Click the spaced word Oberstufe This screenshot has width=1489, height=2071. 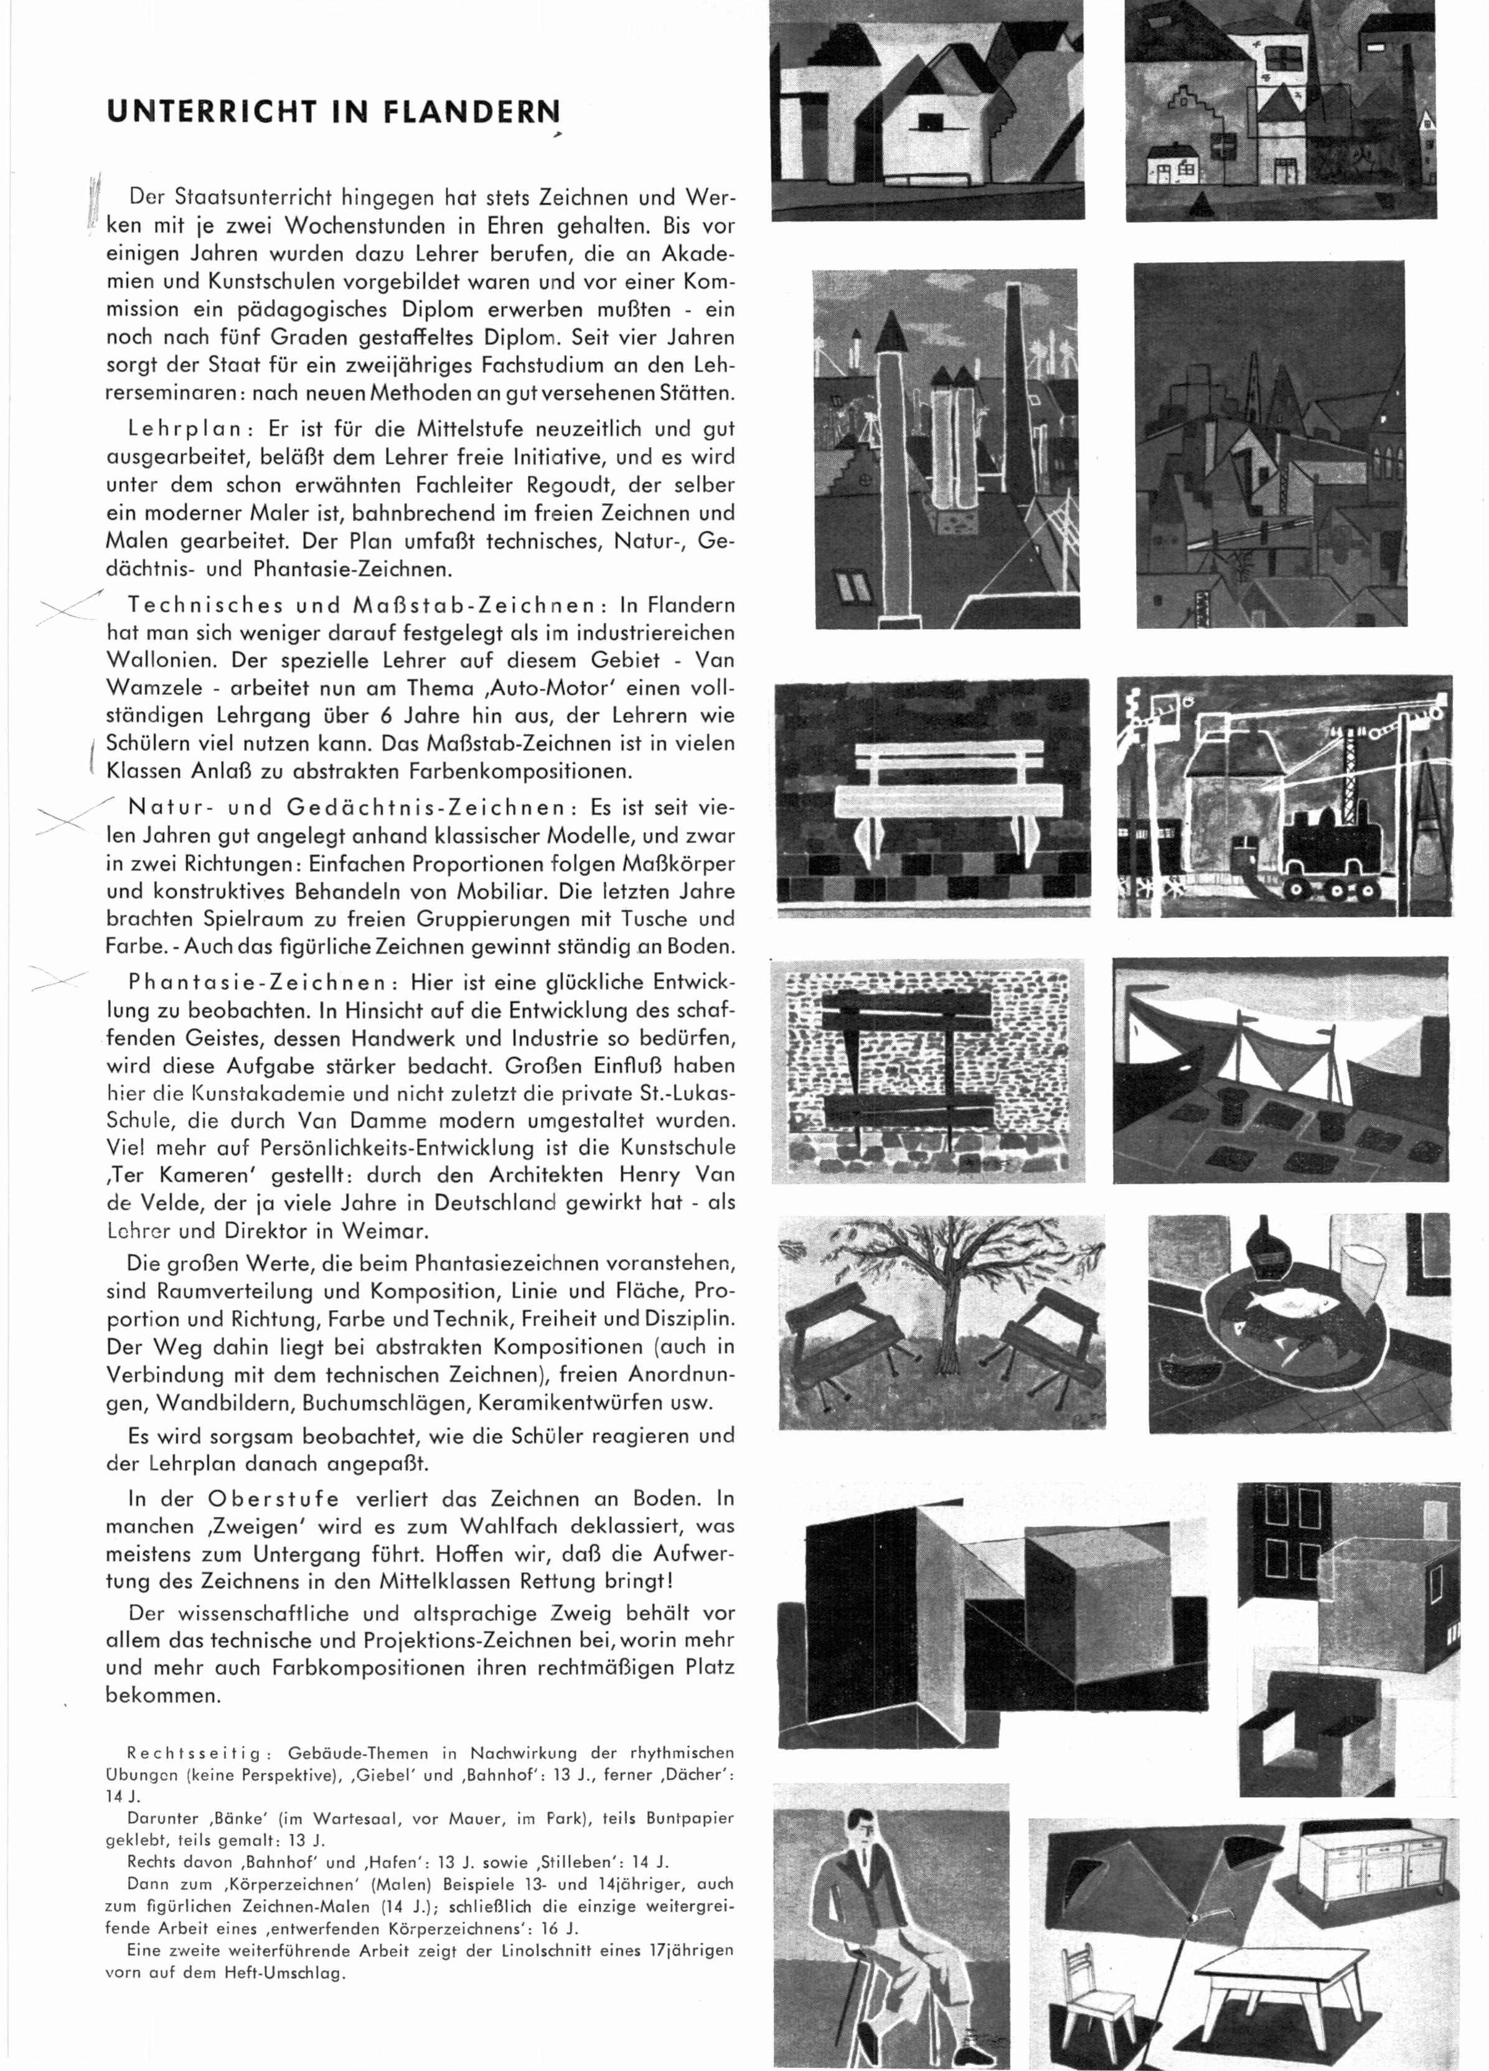274,1499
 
